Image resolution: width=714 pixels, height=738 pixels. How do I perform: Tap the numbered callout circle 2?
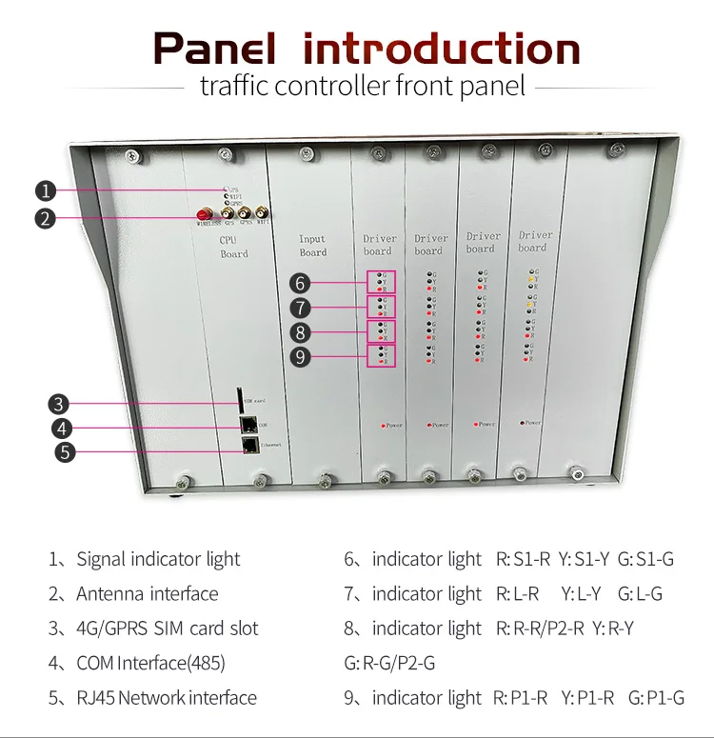[x=44, y=218]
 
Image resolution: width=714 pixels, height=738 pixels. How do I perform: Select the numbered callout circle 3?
[x=59, y=403]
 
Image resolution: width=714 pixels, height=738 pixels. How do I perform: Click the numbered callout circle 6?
[x=301, y=283]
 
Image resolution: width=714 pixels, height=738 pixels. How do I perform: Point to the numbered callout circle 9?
[x=301, y=358]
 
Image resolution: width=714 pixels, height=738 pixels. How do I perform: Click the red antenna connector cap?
[x=203, y=214]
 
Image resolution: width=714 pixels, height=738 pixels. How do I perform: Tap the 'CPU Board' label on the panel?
[x=234, y=248]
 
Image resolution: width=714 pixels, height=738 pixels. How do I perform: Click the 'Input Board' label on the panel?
[x=312, y=246]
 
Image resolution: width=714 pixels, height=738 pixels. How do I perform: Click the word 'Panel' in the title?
[x=214, y=49]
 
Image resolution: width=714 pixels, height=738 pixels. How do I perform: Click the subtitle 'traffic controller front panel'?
[x=362, y=87]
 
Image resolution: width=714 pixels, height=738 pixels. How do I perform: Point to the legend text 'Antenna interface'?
[x=147, y=594]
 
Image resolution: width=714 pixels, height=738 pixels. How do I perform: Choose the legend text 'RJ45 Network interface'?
[x=166, y=698]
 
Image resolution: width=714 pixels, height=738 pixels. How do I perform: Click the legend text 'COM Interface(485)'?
[x=150, y=663]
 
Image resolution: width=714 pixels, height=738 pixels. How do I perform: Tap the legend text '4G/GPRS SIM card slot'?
[x=167, y=628]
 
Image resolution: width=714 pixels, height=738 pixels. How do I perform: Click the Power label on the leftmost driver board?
[x=393, y=426]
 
